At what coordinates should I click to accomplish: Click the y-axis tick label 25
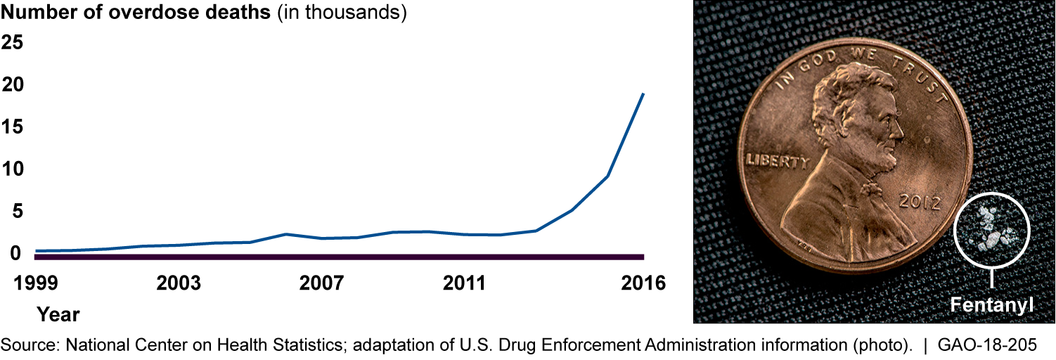(x=12, y=43)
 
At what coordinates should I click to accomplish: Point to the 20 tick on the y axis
(x=12, y=85)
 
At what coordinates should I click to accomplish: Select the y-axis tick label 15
(x=12, y=127)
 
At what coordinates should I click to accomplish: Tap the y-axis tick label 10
(x=12, y=169)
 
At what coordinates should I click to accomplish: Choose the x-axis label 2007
(x=323, y=284)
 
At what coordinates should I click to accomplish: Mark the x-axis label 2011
(x=465, y=284)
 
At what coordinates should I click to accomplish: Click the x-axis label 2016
(x=643, y=284)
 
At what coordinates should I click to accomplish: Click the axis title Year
(x=58, y=314)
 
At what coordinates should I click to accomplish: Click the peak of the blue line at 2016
(x=643, y=94)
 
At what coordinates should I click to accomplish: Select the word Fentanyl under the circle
(x=992, y=306)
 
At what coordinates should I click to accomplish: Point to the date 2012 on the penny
(x=920, y=203)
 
